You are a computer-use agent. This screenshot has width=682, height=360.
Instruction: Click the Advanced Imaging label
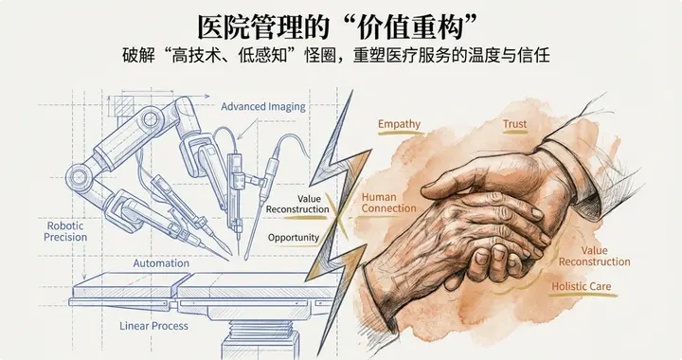pyautogui.click(x=263, y=107)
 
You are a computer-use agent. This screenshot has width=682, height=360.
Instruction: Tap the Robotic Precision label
pyautogui.click(x=65, y=231)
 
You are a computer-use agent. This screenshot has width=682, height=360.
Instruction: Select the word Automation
pyautogui.click(x=160, y=262)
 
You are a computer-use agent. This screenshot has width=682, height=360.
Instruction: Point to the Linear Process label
pyautogui.click(x=153, y=326)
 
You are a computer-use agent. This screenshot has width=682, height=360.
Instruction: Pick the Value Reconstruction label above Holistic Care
pyautogui.click(x=595, y=256)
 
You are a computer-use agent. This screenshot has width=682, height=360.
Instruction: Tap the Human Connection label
pyautogui.click(x=388, y=203)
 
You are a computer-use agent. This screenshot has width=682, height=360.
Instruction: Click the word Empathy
pyautogui.click(x=399, y=125)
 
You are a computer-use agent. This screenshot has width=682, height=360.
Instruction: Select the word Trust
pyautogui.click(x=515, y=124)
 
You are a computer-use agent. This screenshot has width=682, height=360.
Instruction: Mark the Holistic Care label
pyautogui.click(x=581, y=286)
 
